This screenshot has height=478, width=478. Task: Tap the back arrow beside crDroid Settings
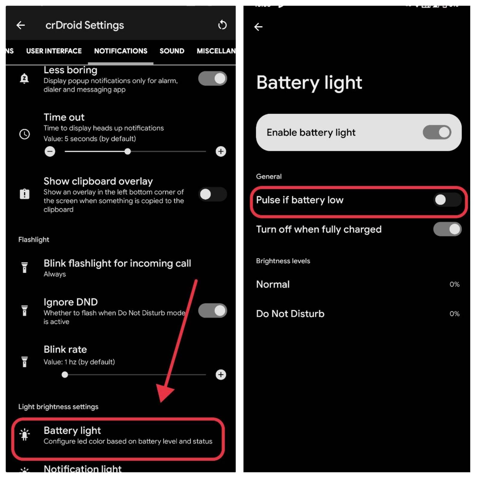[x=20, y=25]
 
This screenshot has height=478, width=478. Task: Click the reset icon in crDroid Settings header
[x=222, y=25]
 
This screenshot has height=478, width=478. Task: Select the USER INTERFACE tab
[x=54, y=51]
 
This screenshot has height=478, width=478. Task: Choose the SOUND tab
[x=172, y=51]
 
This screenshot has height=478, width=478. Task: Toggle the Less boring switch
[x=213, y=79]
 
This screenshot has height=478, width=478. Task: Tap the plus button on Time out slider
[x=221, y=151]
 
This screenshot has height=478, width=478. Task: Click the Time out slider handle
[x=128, y=151]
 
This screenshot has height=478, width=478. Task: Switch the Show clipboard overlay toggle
[x=213, y=194]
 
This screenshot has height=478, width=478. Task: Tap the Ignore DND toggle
[x=213, y=311]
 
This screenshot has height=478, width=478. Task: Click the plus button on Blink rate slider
[x=221, y=375]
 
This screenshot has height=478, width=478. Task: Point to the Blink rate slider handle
[x=65, y=375]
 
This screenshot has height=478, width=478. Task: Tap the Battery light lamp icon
[x=24, y=435]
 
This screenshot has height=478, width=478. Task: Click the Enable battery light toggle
[x=437, y=132]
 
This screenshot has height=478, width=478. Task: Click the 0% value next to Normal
[x=454, y=284]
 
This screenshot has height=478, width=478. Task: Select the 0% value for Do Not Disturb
[x=454, y=314]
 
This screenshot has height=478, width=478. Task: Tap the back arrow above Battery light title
[x=258, y=27]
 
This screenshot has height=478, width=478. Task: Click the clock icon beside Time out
[x=24, y=134]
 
